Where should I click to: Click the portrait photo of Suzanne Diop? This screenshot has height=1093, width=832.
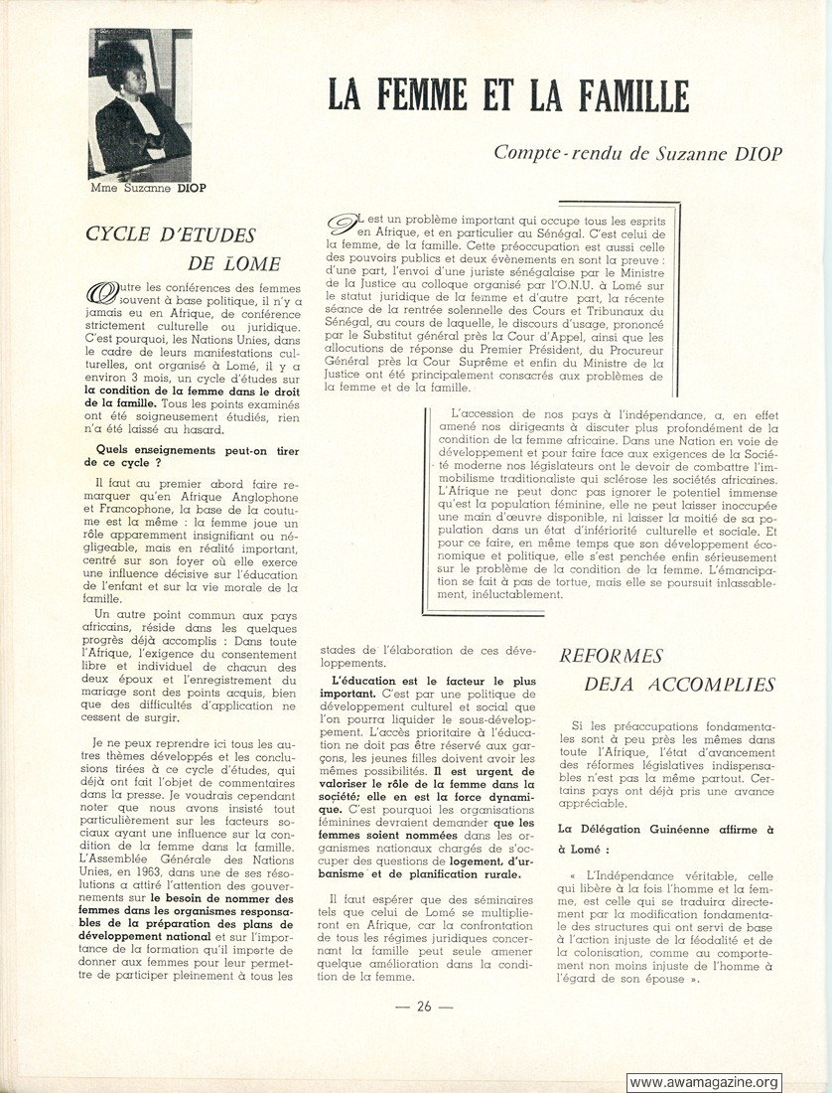pyautogui.click(x=139, y=104)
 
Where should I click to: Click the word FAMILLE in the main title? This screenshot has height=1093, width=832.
pyautogui.click(x=618, y=94)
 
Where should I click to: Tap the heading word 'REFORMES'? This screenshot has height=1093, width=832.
pyautogui.click(x=611, y=656)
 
